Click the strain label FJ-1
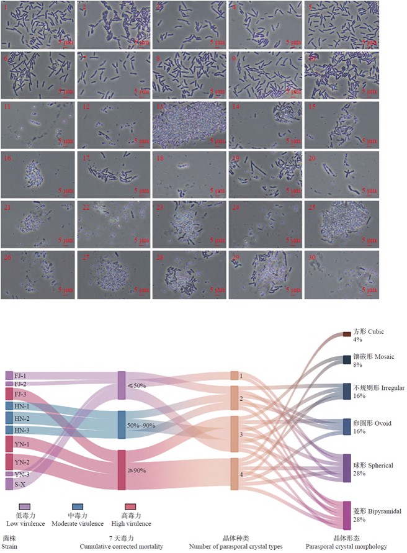(19, 375)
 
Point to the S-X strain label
(19, 484)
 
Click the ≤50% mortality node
(122, 385)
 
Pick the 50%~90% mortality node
(122, 426)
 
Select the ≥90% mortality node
(122, 470)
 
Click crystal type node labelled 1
(235, 375)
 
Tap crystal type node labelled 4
(235, 475)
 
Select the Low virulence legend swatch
(24, 508)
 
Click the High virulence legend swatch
(130, 508)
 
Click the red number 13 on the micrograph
(160, 106)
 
